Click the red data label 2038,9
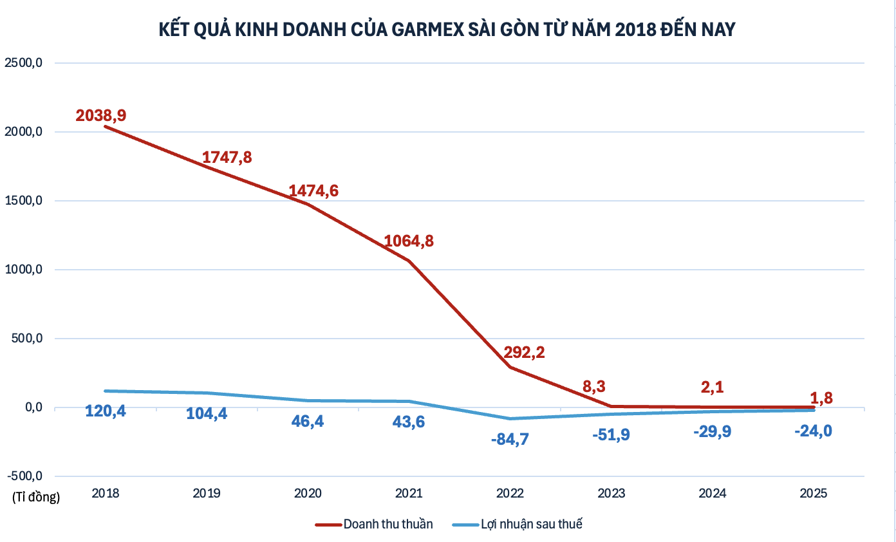101,116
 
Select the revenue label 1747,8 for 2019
227,157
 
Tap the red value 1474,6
313,191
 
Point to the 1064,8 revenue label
409,241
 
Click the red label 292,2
519,353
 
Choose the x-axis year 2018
106,494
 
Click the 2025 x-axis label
814,494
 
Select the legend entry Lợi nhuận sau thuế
531,524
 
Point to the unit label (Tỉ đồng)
35,497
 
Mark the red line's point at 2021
409,261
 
